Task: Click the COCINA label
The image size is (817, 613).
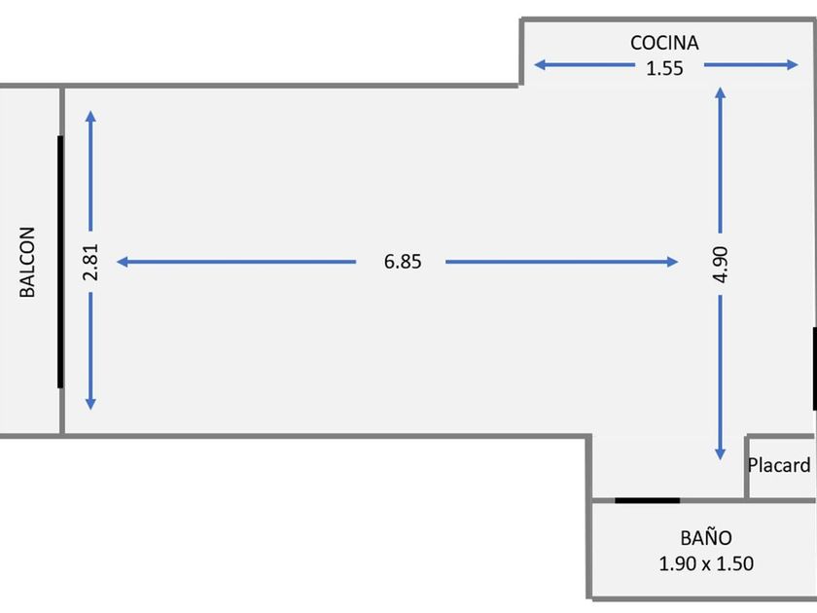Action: (664, 43)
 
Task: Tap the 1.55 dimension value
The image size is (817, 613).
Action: (664, 67)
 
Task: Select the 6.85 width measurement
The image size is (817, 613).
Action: (403, 262)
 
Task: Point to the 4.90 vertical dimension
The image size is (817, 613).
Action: (721, 264)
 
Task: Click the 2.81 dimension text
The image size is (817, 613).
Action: (90, 263)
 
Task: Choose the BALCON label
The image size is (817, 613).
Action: (28, 262)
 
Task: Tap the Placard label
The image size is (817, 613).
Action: (778, 465)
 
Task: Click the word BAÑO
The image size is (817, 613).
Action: (706, 537)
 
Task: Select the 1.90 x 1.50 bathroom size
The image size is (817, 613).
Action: (706, 562)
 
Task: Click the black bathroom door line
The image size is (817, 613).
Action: (648, 500)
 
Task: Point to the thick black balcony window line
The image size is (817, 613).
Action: (60, 262)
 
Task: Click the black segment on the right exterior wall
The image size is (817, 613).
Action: (814, 370)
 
